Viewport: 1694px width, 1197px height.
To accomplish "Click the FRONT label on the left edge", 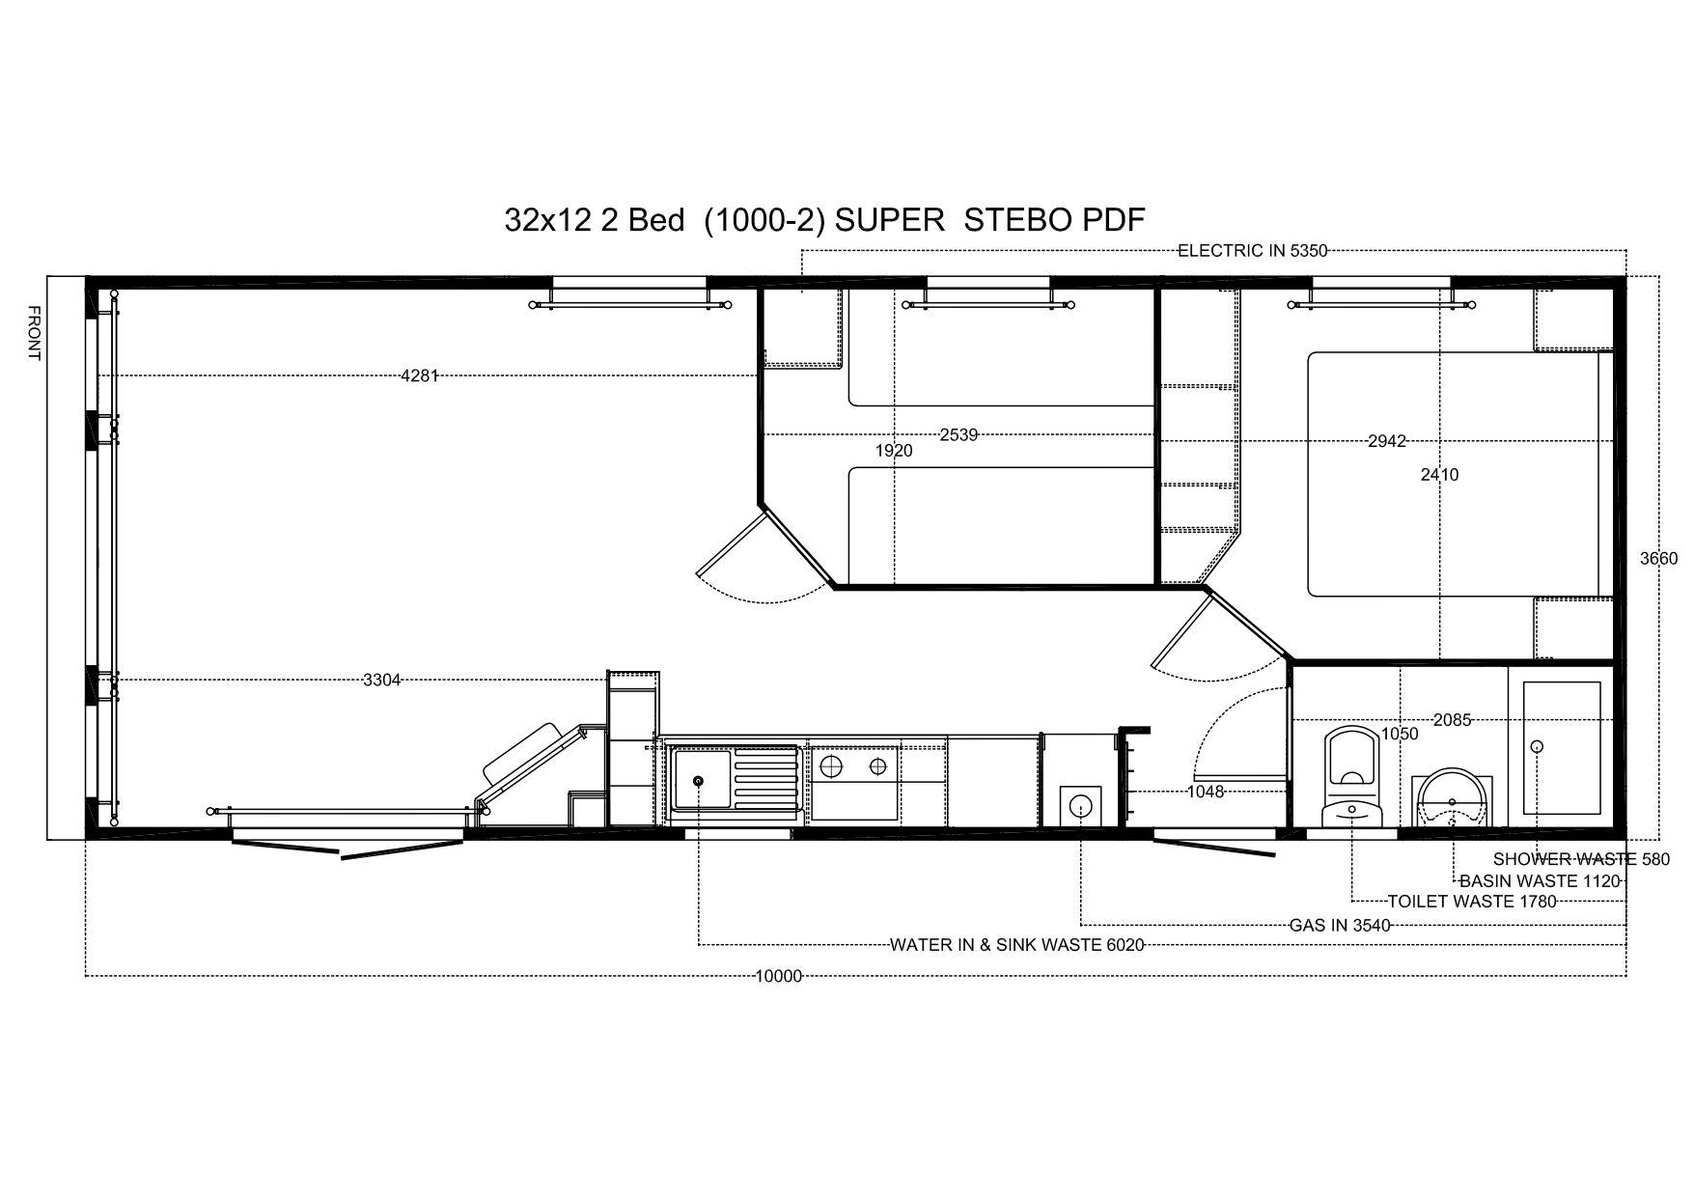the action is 34,333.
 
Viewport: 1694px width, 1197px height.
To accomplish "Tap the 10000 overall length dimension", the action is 778,976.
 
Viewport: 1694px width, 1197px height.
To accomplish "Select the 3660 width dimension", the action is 1659,558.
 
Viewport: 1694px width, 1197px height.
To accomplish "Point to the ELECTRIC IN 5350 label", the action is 1252,251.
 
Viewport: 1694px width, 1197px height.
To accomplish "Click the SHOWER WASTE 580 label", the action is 1581,859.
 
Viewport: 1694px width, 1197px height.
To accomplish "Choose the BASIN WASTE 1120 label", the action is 1540,881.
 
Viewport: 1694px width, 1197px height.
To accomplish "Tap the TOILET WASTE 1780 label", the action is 1472,902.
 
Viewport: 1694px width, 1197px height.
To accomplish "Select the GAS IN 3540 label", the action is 1340,925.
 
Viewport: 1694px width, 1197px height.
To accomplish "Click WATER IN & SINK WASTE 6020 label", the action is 1017,945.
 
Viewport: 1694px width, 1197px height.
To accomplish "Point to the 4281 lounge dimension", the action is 420,376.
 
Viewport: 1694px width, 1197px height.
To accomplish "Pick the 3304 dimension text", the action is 381,681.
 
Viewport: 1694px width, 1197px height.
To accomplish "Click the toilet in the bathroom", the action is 1351,777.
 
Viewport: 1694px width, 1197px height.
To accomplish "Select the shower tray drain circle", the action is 1538,746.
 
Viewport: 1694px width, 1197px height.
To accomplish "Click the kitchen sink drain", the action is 698,781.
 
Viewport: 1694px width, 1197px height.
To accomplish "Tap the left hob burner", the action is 829,767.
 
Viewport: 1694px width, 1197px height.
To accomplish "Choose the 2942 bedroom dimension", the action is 1387,441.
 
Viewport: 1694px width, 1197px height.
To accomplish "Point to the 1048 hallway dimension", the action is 1206,792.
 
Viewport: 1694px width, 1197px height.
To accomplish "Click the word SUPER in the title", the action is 889,220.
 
